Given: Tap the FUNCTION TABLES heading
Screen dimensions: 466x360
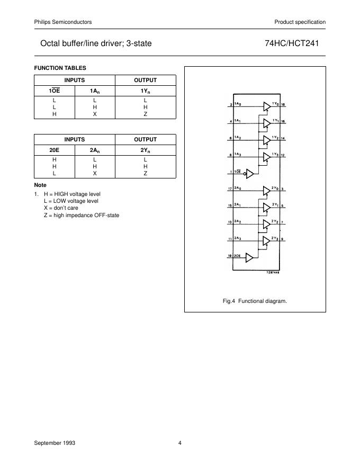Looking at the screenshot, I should [60, 68].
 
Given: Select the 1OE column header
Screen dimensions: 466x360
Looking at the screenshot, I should [54, 91].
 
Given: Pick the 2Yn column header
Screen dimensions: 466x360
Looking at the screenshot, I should [145, 150].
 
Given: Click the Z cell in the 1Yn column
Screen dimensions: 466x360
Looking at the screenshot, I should [145, 113].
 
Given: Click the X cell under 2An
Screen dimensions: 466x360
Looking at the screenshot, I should [95, 173].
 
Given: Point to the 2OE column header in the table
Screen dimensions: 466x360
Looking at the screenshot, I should [54, 150].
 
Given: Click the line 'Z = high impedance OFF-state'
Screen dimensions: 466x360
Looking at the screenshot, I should [82, 215].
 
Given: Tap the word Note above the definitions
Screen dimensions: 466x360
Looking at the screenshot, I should [40, 185].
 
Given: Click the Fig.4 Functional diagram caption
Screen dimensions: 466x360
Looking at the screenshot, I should [255, 301].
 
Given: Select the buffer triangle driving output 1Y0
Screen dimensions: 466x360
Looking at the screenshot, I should [266, 106].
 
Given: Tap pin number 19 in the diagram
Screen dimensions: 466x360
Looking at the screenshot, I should [230, 256].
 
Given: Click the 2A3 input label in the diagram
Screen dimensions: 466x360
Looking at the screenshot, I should [239, 239].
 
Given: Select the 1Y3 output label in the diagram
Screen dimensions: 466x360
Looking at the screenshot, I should [275, 154].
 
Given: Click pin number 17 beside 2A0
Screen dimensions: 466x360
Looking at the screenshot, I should [230, 189].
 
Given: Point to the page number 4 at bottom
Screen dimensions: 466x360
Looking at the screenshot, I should [180, 443].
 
